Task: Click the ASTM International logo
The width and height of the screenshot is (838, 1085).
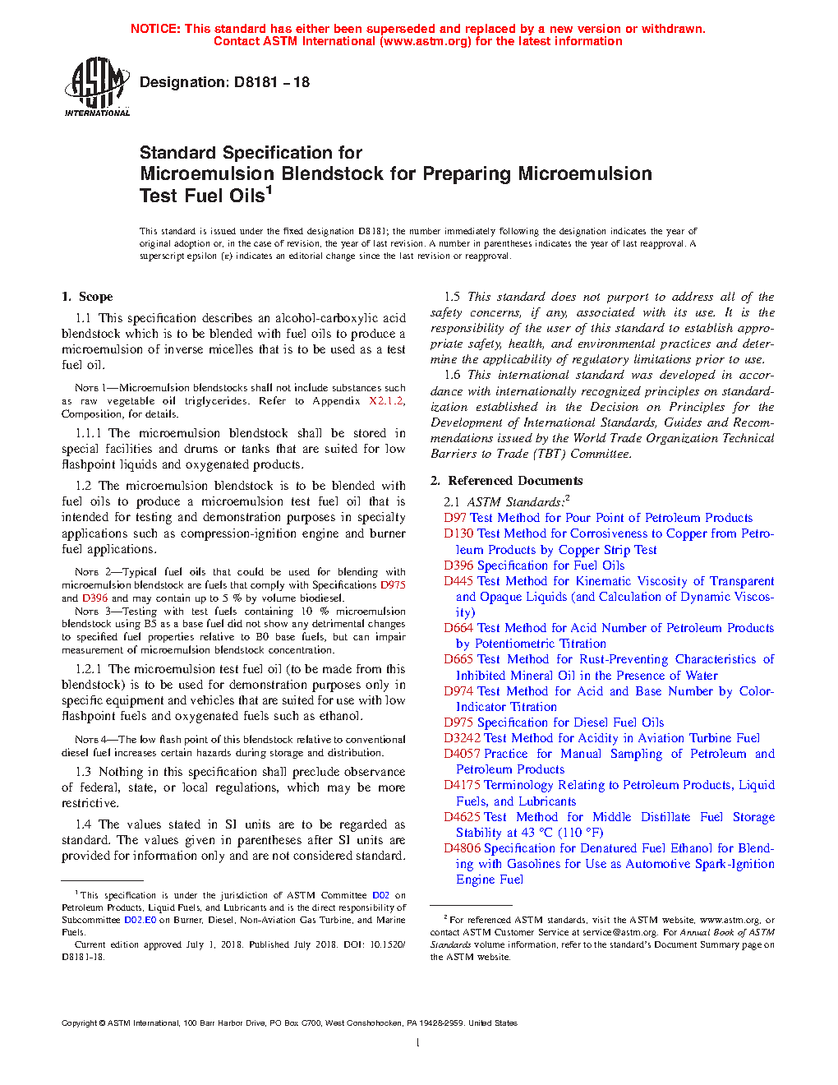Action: (96, 86)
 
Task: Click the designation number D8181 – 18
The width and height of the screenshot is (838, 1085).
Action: (271, 82)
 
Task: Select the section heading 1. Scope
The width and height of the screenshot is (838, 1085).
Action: (87, 297)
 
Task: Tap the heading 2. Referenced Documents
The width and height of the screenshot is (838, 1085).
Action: (507, 481)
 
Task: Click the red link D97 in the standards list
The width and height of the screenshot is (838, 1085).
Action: (455, 518)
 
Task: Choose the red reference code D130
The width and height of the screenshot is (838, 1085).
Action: (458, 533)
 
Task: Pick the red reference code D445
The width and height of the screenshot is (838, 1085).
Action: (458, 581)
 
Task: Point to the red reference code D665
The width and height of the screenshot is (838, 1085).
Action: (458, 659)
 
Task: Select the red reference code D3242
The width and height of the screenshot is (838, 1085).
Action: (462, 738)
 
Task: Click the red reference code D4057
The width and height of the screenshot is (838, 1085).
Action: (462, 754)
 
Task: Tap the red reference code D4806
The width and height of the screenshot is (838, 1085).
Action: (462, 848)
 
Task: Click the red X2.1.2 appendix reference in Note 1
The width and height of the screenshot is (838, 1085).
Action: (386, 401)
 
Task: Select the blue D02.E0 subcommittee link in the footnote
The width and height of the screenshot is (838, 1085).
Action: (140, 921)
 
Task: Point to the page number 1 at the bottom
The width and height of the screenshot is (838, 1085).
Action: (418, 1043)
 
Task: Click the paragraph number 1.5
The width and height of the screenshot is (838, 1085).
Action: (452, 297)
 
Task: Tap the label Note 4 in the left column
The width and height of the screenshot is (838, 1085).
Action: (87, 740)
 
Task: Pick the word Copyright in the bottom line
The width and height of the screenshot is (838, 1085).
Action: (79, 1023)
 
